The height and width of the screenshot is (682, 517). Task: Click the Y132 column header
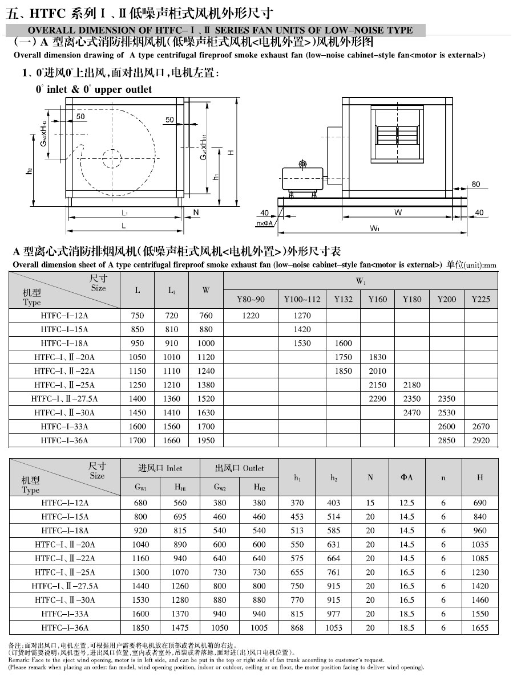point(343,299)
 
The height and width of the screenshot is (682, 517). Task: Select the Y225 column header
point(480,299)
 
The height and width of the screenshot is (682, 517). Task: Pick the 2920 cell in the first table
point(480,440)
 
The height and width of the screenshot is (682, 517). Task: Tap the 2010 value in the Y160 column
point(377,371)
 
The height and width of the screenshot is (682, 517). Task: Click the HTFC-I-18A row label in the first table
point(64,343)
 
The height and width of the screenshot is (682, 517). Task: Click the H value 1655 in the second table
point(480,628)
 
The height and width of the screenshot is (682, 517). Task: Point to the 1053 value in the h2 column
point(334,628)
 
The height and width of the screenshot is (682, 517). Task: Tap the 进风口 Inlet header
point(160,468)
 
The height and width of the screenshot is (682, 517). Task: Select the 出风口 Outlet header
point(239,468)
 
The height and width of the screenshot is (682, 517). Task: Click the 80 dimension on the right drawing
point(476,184)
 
